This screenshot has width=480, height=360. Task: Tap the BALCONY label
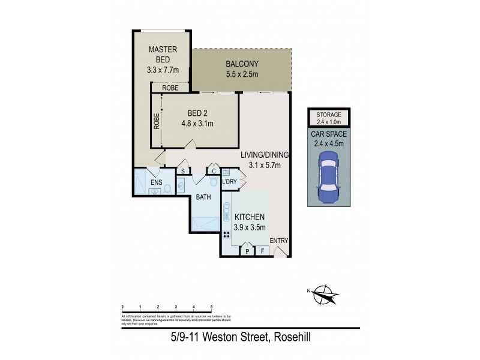pos(242,64)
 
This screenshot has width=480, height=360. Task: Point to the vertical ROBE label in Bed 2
pos(156,122)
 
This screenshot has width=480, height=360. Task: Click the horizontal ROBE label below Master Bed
pos(170,88)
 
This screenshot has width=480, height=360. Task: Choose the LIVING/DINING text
pos(265,154)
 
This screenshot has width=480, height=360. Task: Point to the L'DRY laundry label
pos(230,181)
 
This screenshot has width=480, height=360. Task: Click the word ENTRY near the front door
pos(278,241)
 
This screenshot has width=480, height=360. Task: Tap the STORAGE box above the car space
pos(329,116)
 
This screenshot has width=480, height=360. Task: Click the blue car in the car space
pos(329,176)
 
